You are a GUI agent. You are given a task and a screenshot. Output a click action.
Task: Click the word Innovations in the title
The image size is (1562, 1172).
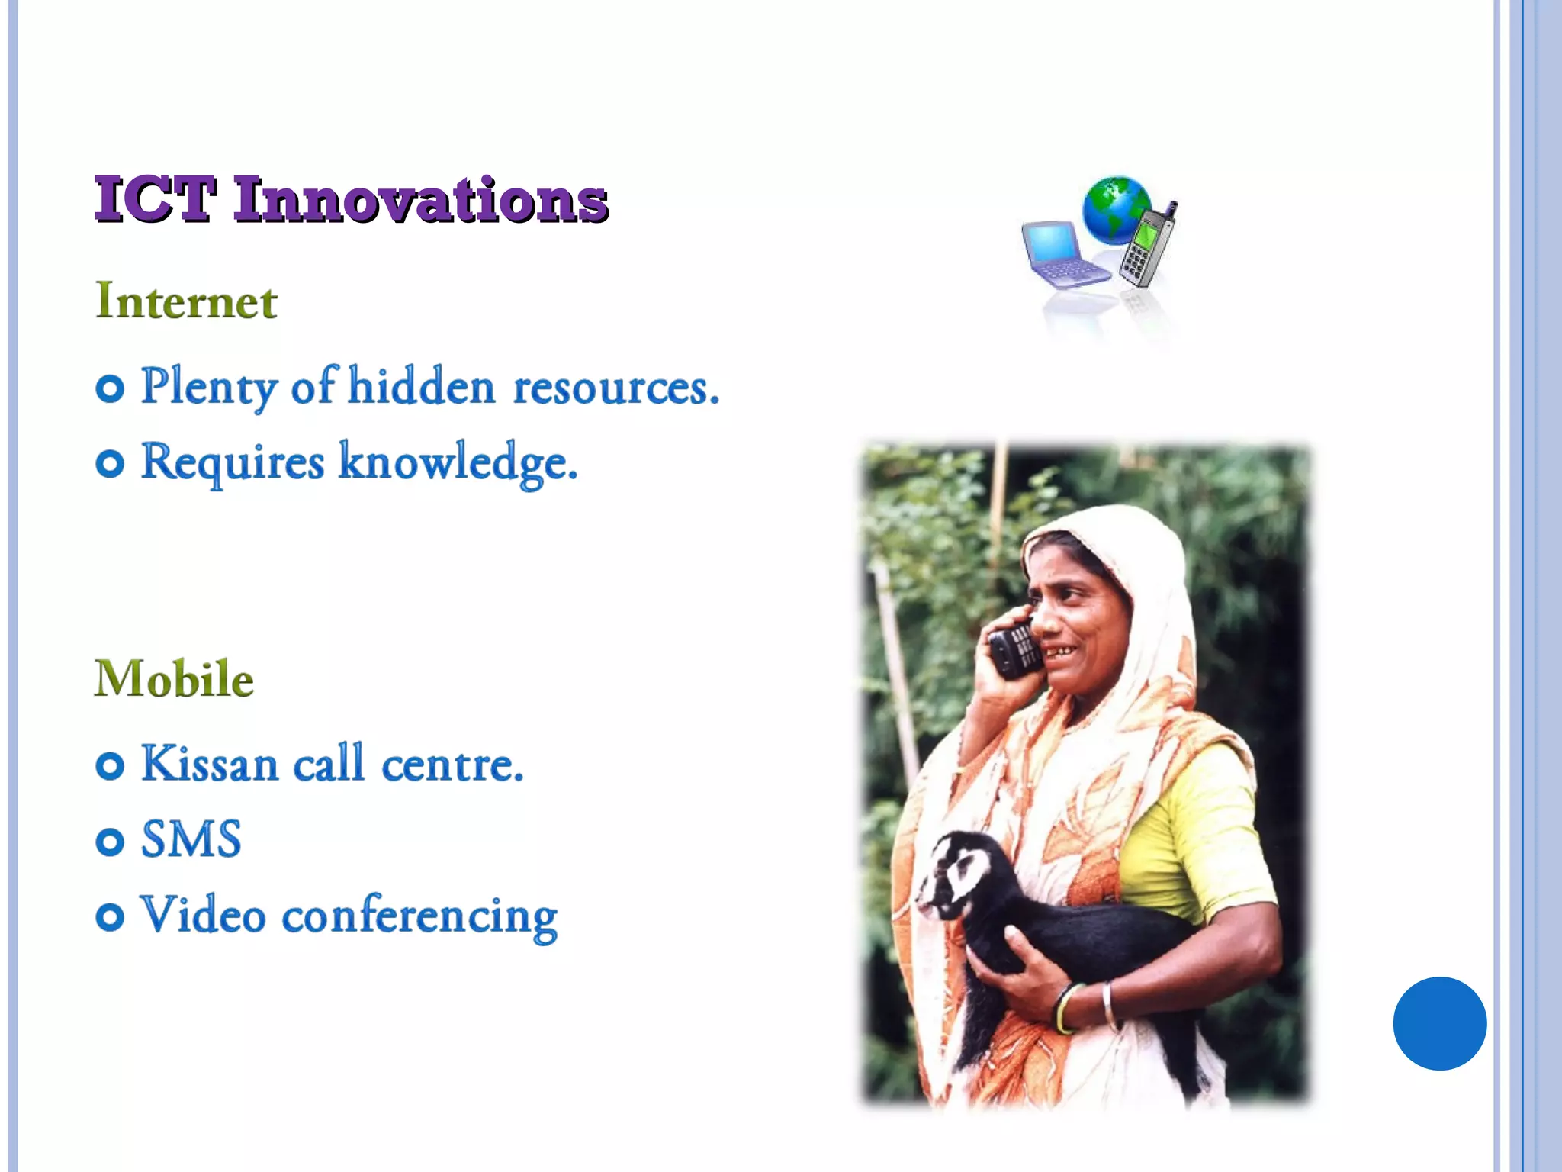point(420,200)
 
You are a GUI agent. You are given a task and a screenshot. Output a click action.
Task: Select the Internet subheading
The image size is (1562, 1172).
point(186,301)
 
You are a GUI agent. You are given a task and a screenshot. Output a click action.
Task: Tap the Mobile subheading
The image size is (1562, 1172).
point(174,678)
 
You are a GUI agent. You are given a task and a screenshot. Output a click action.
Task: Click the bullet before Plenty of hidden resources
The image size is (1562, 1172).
point(110,388)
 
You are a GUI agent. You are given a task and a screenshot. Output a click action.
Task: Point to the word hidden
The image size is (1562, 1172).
point(422,387)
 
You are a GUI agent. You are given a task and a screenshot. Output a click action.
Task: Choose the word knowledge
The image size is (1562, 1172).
point(458,462)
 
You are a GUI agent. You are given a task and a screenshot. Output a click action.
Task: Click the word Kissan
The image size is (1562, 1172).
point(210,764)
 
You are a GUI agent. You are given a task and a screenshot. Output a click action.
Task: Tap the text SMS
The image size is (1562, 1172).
point(191,839)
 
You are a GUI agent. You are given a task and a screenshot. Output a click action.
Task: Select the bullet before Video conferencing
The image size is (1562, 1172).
point(110,916)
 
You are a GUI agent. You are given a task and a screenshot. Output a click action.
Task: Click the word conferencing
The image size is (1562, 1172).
point(419,916)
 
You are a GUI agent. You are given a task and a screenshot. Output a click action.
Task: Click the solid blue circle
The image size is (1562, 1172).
point(1439,1023)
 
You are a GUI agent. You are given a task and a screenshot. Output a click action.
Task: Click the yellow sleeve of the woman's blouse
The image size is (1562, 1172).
point(1205,832)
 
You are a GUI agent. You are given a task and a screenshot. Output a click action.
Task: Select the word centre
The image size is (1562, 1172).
point(452,764)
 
